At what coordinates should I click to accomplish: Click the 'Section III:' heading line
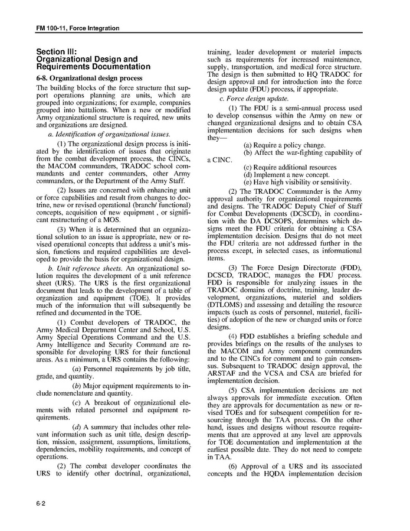56,52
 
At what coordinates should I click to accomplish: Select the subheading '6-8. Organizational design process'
89,78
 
